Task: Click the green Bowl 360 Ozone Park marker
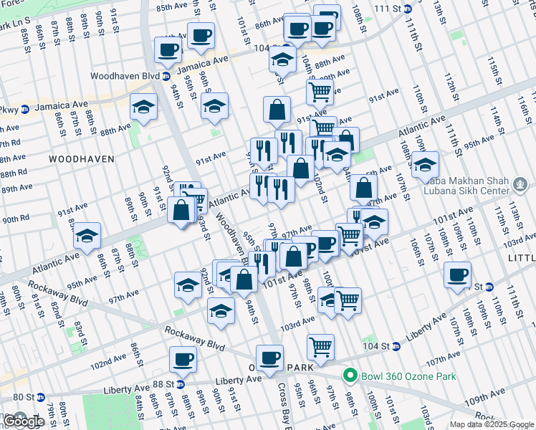pyautogui.click(x=350, y=375)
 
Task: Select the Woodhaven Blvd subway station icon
pyautogui.click(x=166, y=76)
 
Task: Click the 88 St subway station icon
pyautogui.click(x=181, y=384)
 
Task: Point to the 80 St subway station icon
pyautogui.click(x=40, y=396)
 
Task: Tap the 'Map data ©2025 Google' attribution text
pyautogui.click(x=492, y=424)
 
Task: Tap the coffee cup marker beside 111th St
pyautogui.click(x=456, y=274)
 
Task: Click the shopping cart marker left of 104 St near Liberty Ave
pyautogui.click(x=320, y=347)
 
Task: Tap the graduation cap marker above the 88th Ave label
pyautogui.click(x=143, y=107)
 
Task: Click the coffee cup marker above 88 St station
pyautogui.click(x=183, y=358)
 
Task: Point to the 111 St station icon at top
pyautogui.click(x=407, y=9)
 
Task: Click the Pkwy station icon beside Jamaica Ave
pyautogui.click(x=24, y=110)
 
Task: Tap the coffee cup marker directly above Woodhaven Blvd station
pyautogui.click(x=168, y=49)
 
